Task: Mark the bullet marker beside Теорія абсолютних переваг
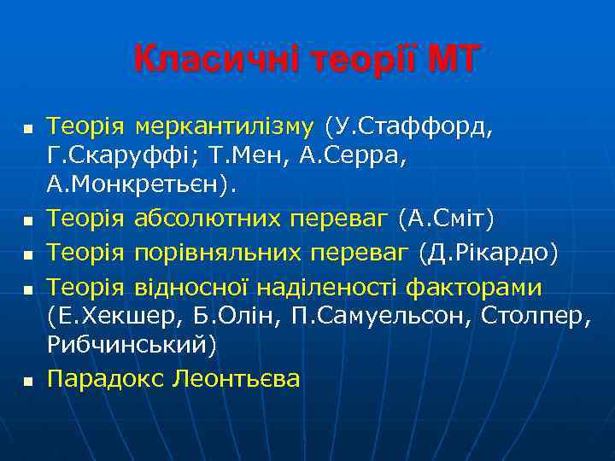click(x=26, y=221)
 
